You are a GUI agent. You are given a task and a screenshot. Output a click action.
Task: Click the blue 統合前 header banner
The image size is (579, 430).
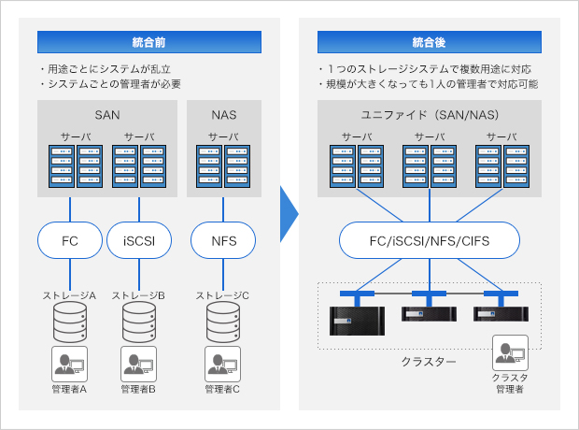[x=149, y=42]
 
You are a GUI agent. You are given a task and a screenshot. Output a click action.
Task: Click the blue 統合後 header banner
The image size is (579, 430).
[x=430, y=42]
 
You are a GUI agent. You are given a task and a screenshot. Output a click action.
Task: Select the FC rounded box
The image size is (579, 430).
[x=70, y=241]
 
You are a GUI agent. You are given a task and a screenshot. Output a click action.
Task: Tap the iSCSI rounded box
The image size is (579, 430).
[x=139, y=241]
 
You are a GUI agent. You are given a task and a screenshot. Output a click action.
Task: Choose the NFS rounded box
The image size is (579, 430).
[x=222, y=241]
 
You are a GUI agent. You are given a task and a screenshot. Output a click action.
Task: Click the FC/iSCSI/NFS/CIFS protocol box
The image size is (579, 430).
[x=429, y=241]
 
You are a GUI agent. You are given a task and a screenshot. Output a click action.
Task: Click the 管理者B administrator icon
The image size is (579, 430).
[x=139, y=363]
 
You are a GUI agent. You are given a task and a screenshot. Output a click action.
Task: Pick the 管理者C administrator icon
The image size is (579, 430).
[x=222, y=363]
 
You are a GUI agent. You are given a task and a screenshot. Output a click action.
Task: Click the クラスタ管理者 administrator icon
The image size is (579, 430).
[x=510, y=351]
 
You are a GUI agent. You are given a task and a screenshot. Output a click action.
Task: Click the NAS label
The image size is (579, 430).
[x=224, y=116]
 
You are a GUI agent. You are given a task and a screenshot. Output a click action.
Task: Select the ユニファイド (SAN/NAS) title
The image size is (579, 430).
[x=430, y=116]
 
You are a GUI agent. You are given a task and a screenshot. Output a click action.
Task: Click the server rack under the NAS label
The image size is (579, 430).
[x=222, y=165]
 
